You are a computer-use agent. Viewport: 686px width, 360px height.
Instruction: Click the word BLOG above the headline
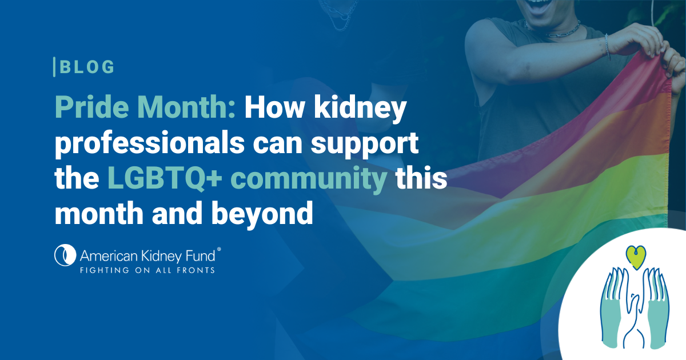87,67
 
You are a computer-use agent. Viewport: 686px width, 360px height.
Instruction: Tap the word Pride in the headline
92,107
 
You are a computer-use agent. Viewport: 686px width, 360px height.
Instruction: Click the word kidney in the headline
360,109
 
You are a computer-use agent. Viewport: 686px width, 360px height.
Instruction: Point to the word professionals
149,143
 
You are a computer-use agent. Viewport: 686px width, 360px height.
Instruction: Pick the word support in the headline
365,145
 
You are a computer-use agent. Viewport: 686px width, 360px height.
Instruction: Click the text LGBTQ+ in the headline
165,178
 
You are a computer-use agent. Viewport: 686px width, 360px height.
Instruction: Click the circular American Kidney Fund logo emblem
65,255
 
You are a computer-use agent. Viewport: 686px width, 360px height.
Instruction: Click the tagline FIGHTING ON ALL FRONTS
147,270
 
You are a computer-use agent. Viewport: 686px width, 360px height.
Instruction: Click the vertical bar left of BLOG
54,67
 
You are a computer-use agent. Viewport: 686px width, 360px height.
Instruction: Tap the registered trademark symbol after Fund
219,250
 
